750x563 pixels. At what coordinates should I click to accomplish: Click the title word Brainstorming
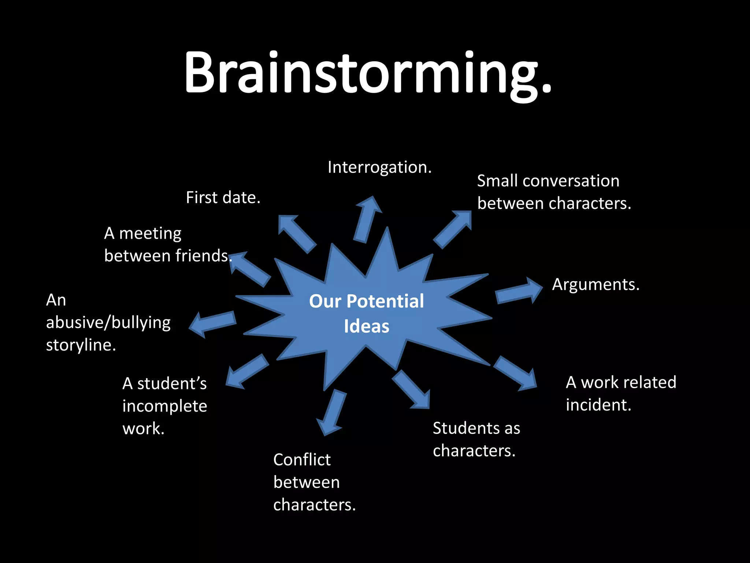(x=367, y=73)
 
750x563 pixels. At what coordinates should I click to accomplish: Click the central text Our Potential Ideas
(x=366, y=313)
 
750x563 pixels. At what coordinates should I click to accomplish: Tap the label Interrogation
(x=379, y=168)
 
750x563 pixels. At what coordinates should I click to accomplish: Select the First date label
(x=223, y=198)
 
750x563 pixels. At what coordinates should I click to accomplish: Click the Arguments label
(x=595, y=284)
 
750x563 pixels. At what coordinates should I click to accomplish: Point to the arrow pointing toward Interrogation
(x=367, y=219)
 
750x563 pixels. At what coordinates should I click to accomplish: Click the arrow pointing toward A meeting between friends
(x=250, y=268)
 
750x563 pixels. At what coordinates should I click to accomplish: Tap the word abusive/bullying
(x=108, y=323)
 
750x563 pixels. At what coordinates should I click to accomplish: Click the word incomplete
(x=165, y=406)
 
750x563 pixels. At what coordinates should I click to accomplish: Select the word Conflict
(x=302, y=460)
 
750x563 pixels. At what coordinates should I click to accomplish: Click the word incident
(x=598, y=405)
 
